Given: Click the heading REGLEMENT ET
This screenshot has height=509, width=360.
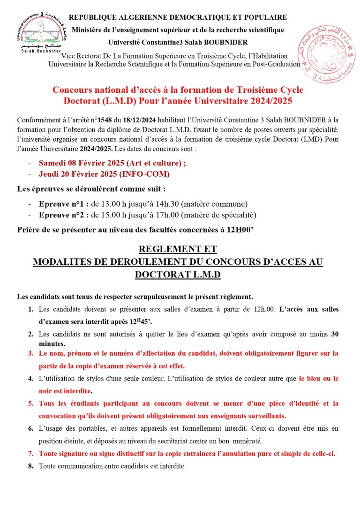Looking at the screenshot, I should coord(178,249).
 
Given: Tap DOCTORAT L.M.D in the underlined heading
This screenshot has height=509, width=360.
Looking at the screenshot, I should coord(178,275).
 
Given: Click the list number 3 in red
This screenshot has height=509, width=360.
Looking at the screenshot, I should coord(30,353).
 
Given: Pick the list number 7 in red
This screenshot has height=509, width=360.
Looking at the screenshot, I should coord(30,454).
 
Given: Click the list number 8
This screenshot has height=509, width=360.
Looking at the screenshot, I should coord(30,466).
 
